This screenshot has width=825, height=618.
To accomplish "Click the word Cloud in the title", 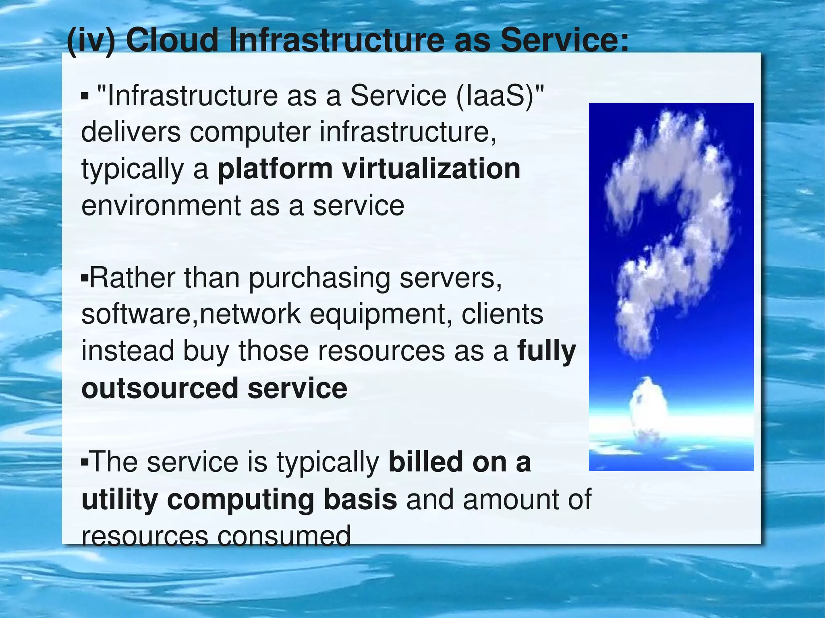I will click(172, 40).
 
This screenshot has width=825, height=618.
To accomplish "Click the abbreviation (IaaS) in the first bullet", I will click(500, 96).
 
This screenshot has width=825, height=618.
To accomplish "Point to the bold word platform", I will click(275, 169).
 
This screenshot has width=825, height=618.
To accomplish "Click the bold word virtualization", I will click(431, 169).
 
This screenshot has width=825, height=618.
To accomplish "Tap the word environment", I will click(161, 205).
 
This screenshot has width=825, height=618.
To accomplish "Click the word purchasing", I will click(319, 279).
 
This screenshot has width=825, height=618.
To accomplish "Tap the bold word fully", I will click(547, 351).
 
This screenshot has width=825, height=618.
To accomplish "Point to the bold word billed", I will click(426, 462).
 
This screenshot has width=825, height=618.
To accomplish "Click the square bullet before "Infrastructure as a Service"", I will click(85, 96).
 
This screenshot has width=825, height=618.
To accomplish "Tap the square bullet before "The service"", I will click(84, 461).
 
